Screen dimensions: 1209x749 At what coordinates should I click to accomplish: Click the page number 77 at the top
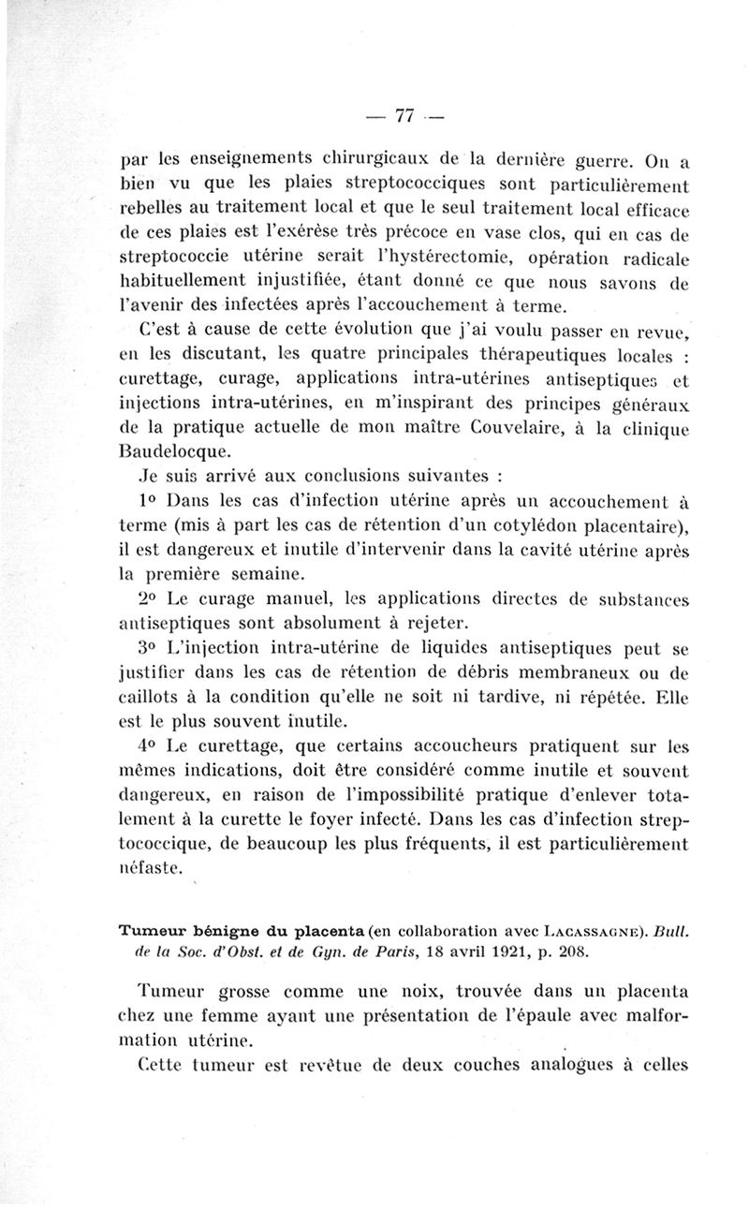pyautogui.click(x=404, y=116)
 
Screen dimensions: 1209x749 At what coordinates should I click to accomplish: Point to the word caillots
pyautogui.click(x=154, y=698)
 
